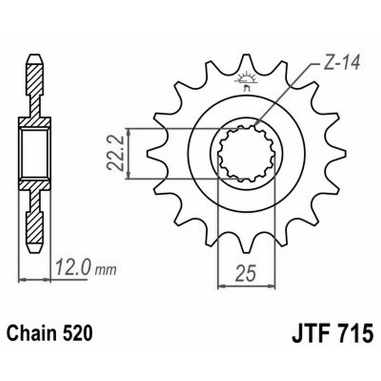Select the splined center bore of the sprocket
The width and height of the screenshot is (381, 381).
[x=246, y=153]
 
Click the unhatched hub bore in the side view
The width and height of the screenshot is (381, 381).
[x=34, y=153]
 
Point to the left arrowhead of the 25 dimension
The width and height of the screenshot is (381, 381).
[x=221, y=286]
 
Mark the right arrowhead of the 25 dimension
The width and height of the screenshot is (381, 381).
[x=273, y=286]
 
